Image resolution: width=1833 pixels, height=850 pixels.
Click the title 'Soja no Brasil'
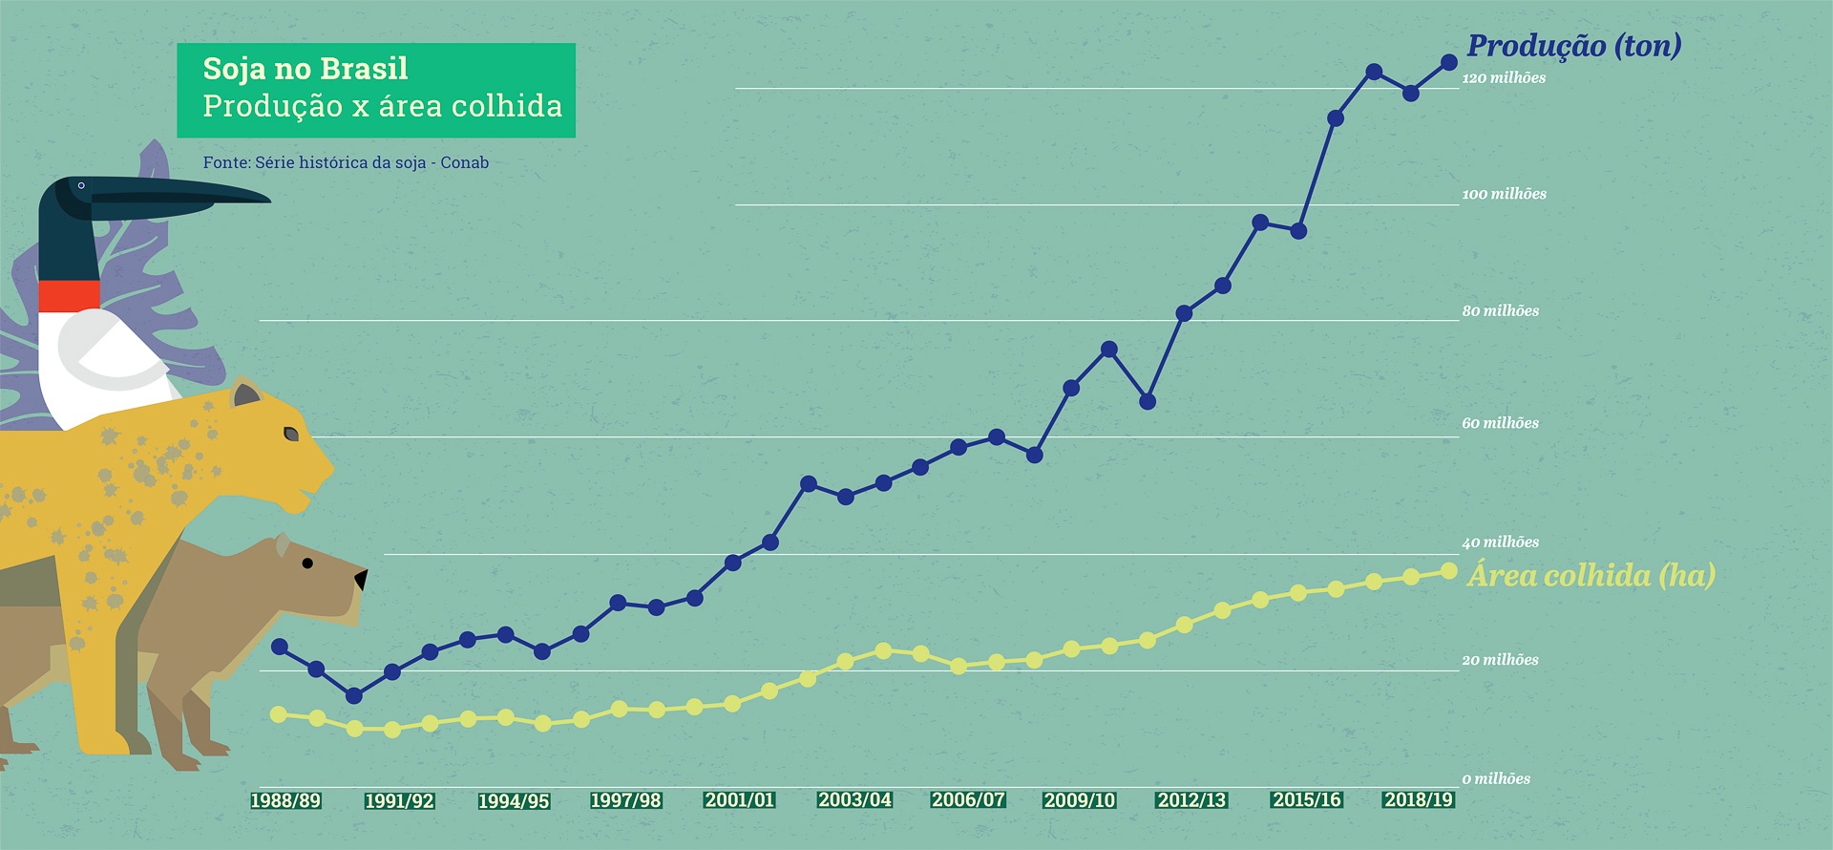305,69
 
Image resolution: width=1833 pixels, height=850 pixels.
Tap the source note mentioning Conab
346,162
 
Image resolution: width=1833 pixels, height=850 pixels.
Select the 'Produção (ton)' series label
1573,45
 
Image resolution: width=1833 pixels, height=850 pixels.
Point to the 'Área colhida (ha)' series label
1591,575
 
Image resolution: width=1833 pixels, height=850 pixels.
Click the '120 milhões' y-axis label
1504,78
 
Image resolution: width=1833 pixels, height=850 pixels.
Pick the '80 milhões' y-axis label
1500,310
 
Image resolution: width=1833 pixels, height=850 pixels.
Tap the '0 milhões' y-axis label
1496,778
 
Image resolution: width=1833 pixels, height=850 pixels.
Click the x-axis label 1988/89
285,800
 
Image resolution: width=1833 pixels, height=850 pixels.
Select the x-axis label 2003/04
854,799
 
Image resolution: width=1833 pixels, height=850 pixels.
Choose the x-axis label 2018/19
1419,799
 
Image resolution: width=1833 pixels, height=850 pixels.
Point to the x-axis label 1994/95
514,800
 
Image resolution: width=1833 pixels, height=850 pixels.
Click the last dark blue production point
1448,62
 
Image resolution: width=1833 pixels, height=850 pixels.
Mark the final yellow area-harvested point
1448,571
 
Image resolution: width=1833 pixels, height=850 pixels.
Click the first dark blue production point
280,647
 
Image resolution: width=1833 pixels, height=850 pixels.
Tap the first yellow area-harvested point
279,714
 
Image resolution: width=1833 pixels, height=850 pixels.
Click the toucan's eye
81,185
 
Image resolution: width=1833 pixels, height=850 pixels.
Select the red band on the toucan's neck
69,295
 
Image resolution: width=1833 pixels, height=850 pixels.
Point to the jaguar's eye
291,434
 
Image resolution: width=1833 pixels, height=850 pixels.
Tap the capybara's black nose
361,579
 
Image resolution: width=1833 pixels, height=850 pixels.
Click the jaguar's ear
245,393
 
